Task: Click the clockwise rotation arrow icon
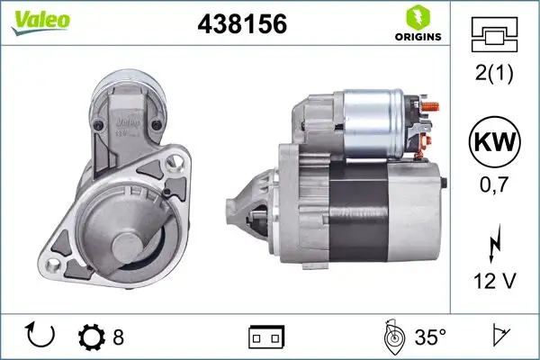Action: click(41, 336)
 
